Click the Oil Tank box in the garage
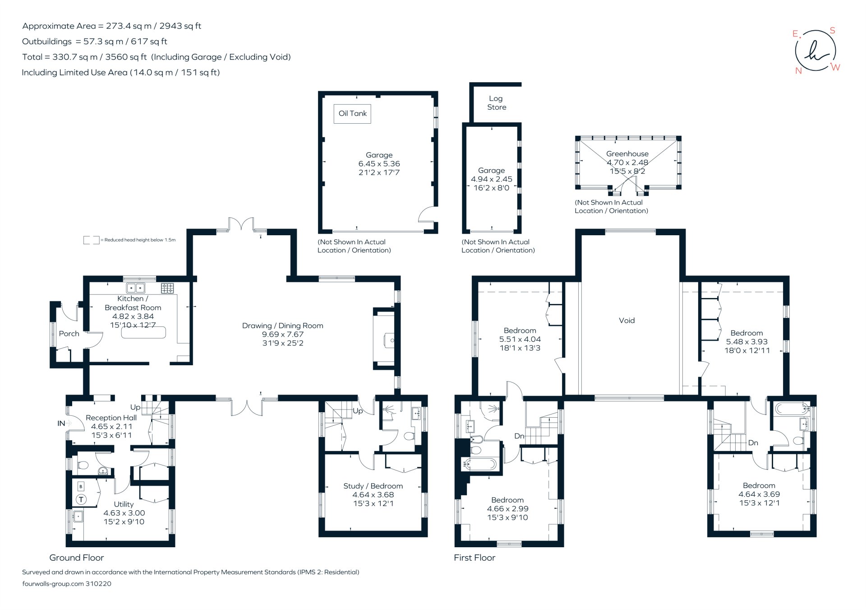pyautogui.click(x=352, y=114)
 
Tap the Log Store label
pyautogui.click(x=496, y=103)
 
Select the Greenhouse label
pyautogui.click(x=627, y=154)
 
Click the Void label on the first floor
pyautogui.click(x=626, y=321)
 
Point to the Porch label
pyautogui.click(x=69, y=334)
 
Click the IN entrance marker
pyautogui.click(x=62, y=424)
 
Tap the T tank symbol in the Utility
pyautogui.click(x=81, y=499)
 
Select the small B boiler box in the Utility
pyautogui.click(x=81, y=486)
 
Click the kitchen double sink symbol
pyautogui.click(x=135, y=288)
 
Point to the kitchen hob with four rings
pyautogui.click(x=167, y=288)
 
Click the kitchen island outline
pyautogui.click(x=143, y=333)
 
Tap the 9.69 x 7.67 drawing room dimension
pyautogui.click(x=283, y=335)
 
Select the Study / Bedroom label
pyautogui.click(x=373, y=486)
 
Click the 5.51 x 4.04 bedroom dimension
pyautogui.click(x=520, y=340)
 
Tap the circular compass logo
pyautogui.click(x=815, y=51)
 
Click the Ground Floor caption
pyautogui.click(x=77, y=558)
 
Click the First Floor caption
pyautogui.click(x=474, y=558)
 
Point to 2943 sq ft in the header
pyautogui.click(x=180, y=26)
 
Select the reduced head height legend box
pyautogui.click(x=91, y=240)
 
